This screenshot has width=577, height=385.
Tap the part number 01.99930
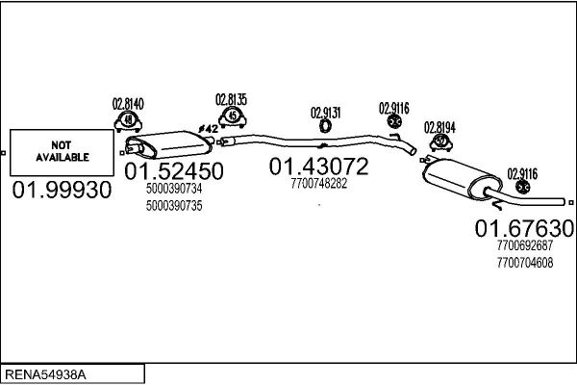[62, 191]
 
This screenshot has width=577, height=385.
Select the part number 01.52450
[174, 171]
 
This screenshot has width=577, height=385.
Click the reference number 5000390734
[174, 189]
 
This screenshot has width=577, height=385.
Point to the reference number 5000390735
[174, 206]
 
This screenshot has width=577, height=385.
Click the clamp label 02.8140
[128, 104]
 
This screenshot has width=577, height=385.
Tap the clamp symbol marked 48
[128, 121]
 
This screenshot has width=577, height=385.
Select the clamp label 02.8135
[231, 99]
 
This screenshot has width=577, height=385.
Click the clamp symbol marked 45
[232, 116]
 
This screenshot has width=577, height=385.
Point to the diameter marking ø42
[208, 129]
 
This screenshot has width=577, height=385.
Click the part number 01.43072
[318, 167]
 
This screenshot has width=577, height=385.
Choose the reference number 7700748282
[318, 183]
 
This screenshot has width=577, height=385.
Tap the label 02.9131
[326, 113]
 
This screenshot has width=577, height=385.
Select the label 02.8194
[439, 127]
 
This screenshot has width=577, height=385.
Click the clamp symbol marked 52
[440, 142]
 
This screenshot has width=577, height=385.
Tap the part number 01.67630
[524, 228]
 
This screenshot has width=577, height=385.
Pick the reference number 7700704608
[525, 263]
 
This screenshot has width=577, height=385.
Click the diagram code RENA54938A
[45, 374]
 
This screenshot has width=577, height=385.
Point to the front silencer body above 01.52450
[170, 144]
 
